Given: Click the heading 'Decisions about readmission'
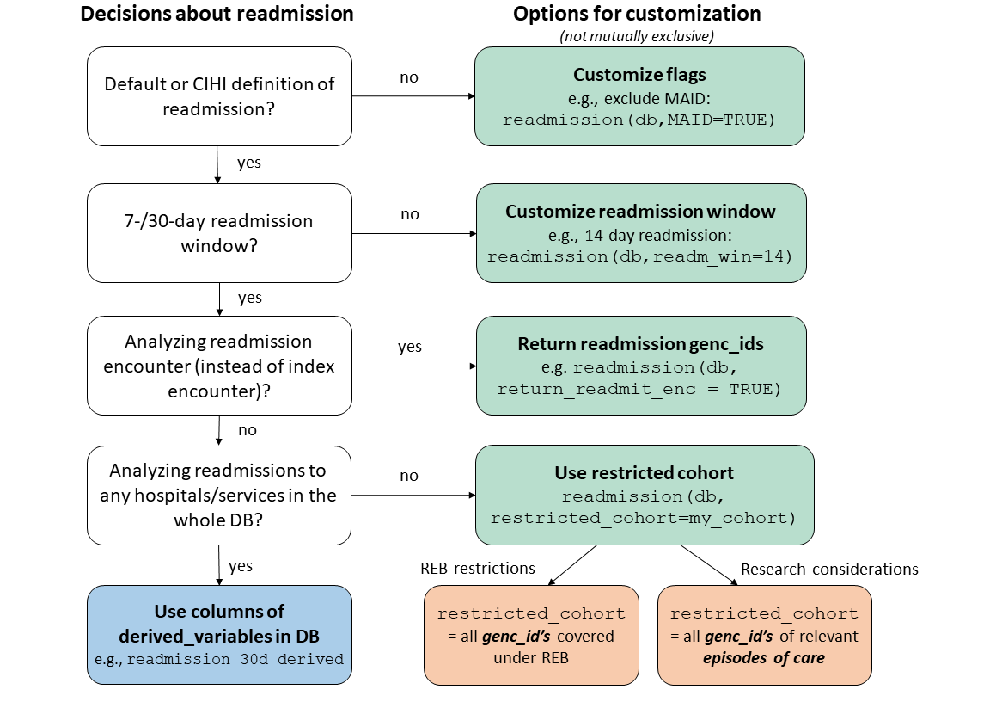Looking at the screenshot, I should click(x=217, y=14).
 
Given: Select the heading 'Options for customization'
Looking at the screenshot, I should click(x=637, y=14).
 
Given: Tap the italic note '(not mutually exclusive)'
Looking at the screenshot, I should click(x=637, y=35).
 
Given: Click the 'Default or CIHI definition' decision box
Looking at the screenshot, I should click(x=219, y=96).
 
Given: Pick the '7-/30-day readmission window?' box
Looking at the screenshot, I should click(x=219, y=233).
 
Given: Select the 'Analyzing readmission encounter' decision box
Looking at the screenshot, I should click(x=219, y=366).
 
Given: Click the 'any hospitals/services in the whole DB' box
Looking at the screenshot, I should click(x=219, y=496).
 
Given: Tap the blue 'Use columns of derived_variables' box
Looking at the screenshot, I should click(x=219, y=635).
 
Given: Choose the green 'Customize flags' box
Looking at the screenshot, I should click(x=639, y=96).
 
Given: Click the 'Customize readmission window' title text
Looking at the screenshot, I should click(x=640, y=212).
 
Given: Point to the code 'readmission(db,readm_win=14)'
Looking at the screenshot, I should click(x=640, y=256).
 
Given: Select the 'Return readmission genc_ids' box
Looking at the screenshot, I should click(x=641, y=366).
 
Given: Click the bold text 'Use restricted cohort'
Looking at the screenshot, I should click(x=644, y=473).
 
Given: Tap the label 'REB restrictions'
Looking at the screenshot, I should click(x=478, y=569).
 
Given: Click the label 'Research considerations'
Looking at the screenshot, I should click(x=828, y=569).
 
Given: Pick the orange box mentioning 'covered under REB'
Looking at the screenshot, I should click(x=531, y=636).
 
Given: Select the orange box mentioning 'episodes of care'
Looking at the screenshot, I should click(x=764, y=636).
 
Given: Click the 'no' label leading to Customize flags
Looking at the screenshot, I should click(x=409, y=77).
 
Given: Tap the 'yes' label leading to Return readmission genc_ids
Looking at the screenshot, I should click(x=410, y=347).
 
